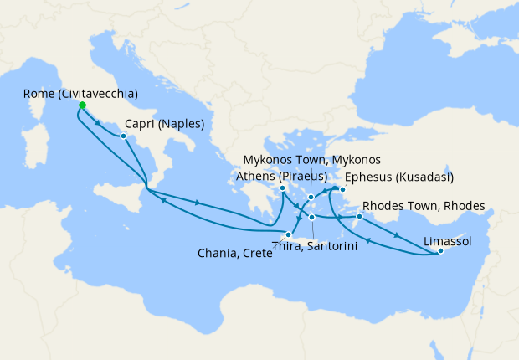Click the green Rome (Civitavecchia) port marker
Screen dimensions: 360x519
coord(82,105)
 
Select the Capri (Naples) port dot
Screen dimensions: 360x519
coord(123,136)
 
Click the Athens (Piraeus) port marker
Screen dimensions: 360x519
coord(283,188)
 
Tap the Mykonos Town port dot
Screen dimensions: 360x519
coord(311,198)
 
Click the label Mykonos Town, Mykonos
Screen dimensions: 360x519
coord(311,160)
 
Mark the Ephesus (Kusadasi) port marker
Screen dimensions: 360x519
coord(343,189)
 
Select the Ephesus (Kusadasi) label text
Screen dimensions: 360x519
coord(399,177)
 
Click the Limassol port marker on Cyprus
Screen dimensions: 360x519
coord(440,251)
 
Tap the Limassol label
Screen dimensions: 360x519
coord(448,241)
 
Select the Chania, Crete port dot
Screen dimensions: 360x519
coord(288,234)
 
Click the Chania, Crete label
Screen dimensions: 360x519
coord(234,253)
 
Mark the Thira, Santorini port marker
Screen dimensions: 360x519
coord(311,218)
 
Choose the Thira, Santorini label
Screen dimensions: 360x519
coord(316,246)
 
